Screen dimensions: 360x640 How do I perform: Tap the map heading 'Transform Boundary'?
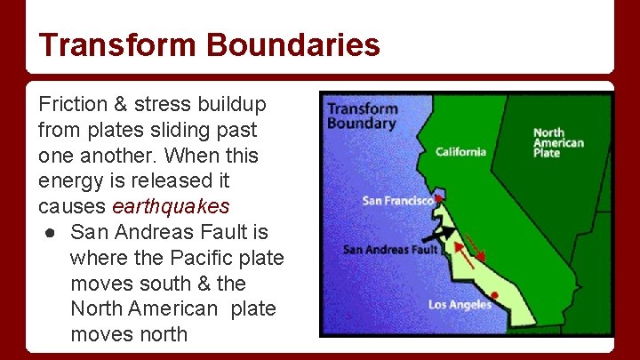(x=362, y=116)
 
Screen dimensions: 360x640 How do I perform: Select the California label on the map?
(x=460, y=152)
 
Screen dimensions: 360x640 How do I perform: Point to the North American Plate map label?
(x=557, y=143)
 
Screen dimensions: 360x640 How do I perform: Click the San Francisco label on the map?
(x=397, y=201)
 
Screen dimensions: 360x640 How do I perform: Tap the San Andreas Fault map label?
(x=390, y=250)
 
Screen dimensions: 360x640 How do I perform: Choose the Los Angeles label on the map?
(x=460, y=305)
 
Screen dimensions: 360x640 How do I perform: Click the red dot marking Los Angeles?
(x=494, y=295)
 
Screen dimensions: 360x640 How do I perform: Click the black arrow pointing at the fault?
(x=439, y=236)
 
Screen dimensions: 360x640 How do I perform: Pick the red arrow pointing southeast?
(x=476, y=244)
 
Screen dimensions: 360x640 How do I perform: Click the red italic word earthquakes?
(x=171, y=206)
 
